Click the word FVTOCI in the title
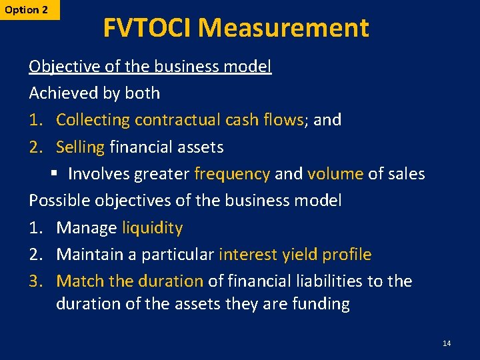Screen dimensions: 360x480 click(147, 28)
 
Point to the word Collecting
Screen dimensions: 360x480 click(93, 120)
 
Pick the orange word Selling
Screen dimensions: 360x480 click(80, 147)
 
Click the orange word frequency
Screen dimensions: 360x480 click(232, 174)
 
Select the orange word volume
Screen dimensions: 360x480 click(335, 174)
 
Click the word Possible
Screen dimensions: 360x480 click(59, 201)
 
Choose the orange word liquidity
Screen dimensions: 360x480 click(152, 228)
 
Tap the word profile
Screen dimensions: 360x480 click(347, 255)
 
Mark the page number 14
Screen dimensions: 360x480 click(447, 343)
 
